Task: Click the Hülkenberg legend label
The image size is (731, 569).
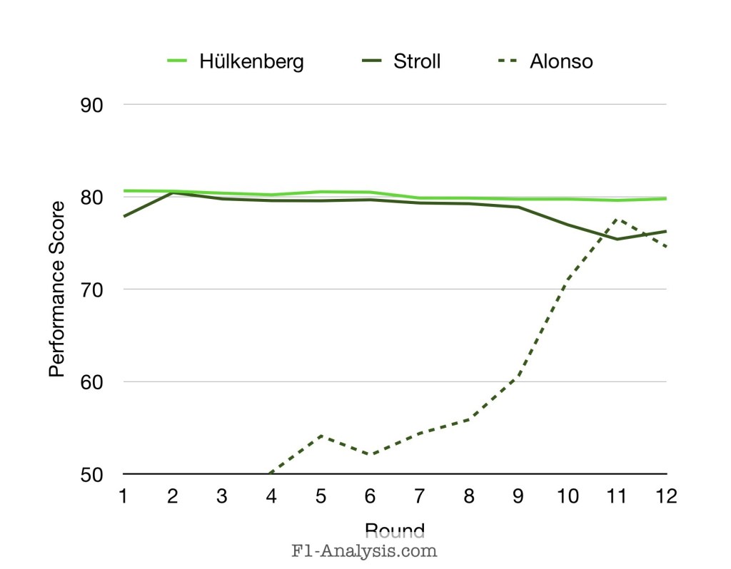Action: click(x=251, y=61)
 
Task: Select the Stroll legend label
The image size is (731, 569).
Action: click(x=417, y=61)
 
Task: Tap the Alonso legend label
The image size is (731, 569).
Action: click(x=561, y=61)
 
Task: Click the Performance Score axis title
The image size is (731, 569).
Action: click(x=58, y=289)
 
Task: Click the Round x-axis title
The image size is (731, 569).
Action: click(x=395, y=530)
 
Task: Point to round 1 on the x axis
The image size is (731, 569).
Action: click(x=123, y=496)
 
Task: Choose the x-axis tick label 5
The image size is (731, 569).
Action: click(x=321, y=496)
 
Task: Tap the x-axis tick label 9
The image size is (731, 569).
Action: click(x=518, y=496)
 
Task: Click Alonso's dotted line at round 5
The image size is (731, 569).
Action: click(x=321, y=435)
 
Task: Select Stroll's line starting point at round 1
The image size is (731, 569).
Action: click(x=124, y=216)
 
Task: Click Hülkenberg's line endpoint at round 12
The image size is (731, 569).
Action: click(x=666, y=198)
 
